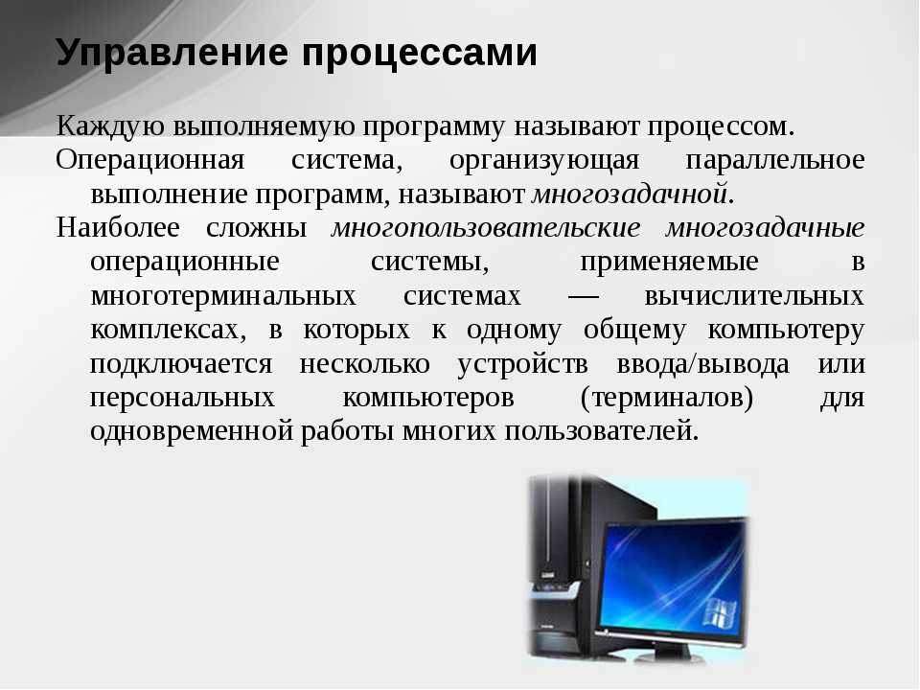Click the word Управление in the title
pyautogui.click(x=172, y=54)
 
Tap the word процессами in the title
pyautogui.click(x=420, y=54)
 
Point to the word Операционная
pyautogui.click(x=150, y=161)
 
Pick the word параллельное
pyautogui.click(x=775, y=161)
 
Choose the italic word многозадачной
pyautogui.click(x=630, y=195)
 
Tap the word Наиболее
pyautogui.click(x=118, y=228)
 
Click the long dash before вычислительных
pyautogui.click(x=584, y=297)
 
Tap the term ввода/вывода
pyautogui.click(x=702, y=364)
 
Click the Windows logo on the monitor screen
pyautogui.click(x=720, y=612)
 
